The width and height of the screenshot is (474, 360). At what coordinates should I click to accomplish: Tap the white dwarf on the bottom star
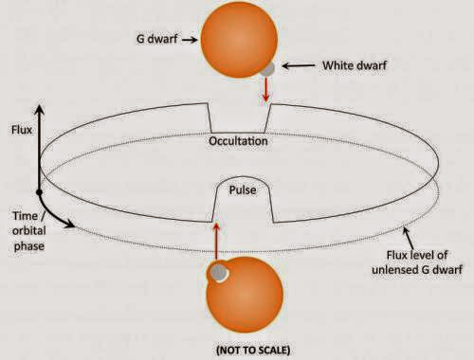click(219, 272)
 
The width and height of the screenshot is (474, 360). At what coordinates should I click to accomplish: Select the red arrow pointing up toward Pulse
click(218, 240)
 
